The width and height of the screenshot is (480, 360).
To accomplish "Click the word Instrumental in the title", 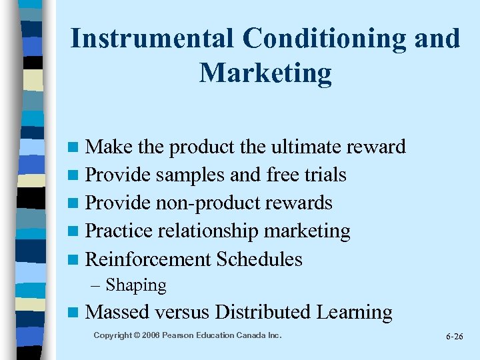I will click(152, 39).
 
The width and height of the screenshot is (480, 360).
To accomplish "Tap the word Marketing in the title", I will click(265, 73).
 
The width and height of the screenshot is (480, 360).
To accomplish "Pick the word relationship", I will click(209, 231).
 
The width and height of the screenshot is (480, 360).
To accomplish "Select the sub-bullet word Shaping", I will click(136, 285).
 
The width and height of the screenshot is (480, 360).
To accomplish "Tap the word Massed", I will click(118, 312).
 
